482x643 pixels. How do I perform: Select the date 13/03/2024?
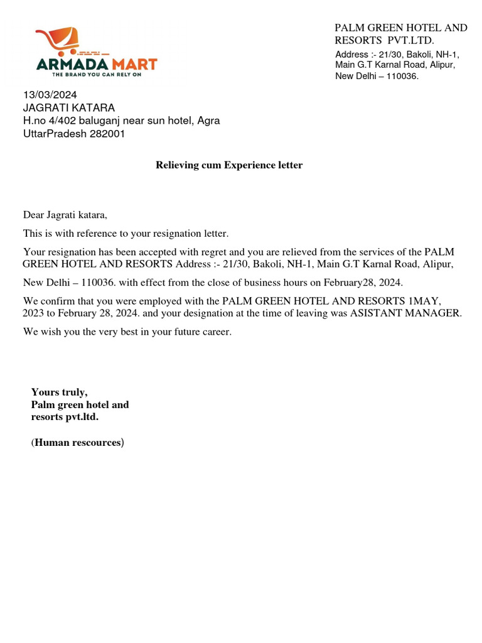[x=50, y=95]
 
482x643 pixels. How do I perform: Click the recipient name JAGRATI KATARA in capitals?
[x=69, y=108]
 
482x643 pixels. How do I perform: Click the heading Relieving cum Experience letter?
[x=229, y=165]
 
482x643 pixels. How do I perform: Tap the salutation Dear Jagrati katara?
[x=65, y=215]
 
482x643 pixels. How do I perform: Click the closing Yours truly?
[x=60, y=392]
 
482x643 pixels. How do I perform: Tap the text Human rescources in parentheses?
[x=78, y=443]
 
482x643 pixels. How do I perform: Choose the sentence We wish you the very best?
[x=127, y=331]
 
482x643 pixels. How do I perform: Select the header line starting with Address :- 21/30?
[x=397, y=55]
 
